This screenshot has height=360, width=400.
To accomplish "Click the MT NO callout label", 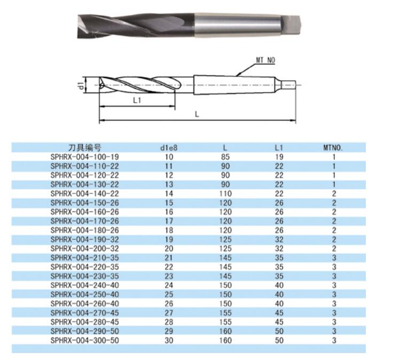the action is (265, 60).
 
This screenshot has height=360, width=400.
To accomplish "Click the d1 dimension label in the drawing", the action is (81, 85).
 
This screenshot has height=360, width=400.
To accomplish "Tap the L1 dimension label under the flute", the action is (137, 100).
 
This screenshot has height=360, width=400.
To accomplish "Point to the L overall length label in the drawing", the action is (197, 114).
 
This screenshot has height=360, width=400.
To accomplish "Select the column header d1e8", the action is (169, 148).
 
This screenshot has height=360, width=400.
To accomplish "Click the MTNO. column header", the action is (333, 148).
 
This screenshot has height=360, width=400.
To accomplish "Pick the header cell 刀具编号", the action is (85, 148).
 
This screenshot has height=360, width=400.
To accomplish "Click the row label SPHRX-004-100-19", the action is (85, 157).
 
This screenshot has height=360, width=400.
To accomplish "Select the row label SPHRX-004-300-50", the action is (85, 340).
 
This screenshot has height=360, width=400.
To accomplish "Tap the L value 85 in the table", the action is (225, 157).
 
